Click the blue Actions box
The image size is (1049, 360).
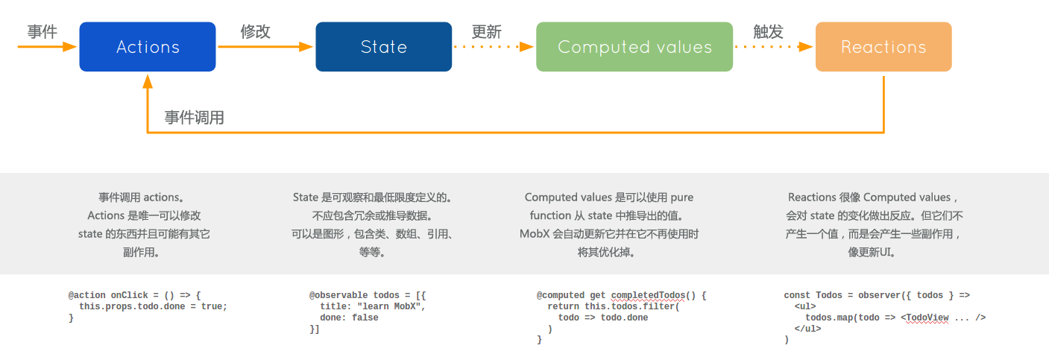pyautogui.click(x=148, y=47)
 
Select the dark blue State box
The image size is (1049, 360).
pyautogui.click(x=383, y=47)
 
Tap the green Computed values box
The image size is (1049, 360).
pyautogui.click(x=634, y=47)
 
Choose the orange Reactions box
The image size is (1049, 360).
pyautogui.click(x=883, y=47)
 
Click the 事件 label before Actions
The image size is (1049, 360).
pyautogui.click(x=42, y=32)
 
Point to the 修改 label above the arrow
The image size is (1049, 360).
pyautogui.click(x=255, y=32)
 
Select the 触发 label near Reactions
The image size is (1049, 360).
pyautogui.click(x=768, y=32)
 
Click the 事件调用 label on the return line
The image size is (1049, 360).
pyautogui.click(x=195, y=118)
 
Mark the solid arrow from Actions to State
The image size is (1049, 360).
pyautogui.click(x=265, y=47)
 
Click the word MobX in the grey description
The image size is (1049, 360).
pyautogui.click(x=535, y=234)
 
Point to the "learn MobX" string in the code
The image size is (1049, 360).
pyautogui.click(x=389, y=306)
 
